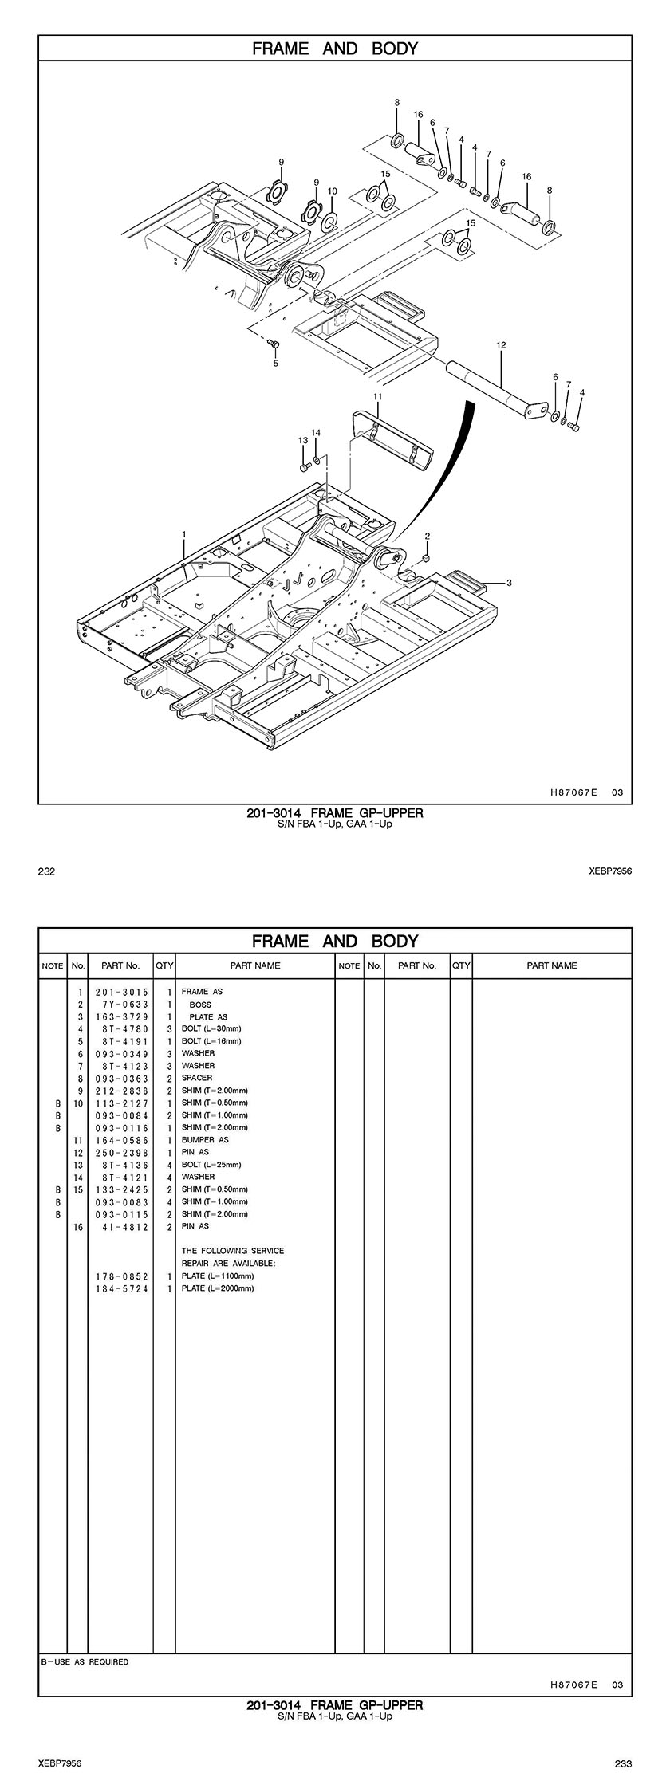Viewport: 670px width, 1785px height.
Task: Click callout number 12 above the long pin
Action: (501, 345)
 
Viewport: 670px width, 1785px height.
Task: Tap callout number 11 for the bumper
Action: (377, 395)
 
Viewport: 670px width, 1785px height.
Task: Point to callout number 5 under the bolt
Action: (276, 363)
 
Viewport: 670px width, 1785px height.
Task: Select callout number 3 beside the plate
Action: (509, 583)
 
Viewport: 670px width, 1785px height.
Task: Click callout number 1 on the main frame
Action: (184, 533)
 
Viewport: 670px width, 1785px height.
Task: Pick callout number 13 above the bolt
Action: (303, 440)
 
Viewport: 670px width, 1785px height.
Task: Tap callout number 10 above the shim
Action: (332, 191)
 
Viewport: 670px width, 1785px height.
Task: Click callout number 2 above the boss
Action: (427, 536)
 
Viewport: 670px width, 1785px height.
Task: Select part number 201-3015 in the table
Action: (121, 992)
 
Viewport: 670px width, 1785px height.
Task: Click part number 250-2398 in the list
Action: (121, 1152)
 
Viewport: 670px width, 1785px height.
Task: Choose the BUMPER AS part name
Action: (205, 1140)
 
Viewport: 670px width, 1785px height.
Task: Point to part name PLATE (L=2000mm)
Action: (218, 1288)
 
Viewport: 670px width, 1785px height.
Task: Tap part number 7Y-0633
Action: (121, 1005)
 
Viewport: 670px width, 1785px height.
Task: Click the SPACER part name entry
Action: (197, 1078)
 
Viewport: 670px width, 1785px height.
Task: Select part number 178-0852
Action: (121, 1276)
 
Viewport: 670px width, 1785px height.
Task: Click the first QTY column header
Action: (164, 965)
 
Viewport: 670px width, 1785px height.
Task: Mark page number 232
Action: (46, 871)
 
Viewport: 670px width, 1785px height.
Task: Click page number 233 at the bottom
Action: (623, 1763)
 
